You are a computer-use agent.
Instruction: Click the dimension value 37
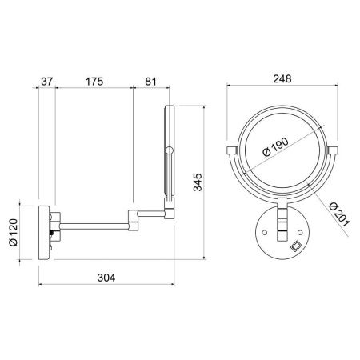pos(47,82)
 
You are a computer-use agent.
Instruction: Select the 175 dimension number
pos(94,82)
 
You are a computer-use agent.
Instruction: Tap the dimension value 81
pos(150,82)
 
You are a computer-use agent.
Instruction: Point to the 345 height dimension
pos(198,182)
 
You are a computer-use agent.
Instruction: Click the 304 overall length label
pos(106,278)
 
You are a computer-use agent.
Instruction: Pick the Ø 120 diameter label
pos(14,232)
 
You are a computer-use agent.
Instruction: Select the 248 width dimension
pos(282,79)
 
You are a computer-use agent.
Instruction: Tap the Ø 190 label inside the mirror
pos(275,147)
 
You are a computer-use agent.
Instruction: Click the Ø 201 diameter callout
pos(338,214)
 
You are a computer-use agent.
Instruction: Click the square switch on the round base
pos(295,246)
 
